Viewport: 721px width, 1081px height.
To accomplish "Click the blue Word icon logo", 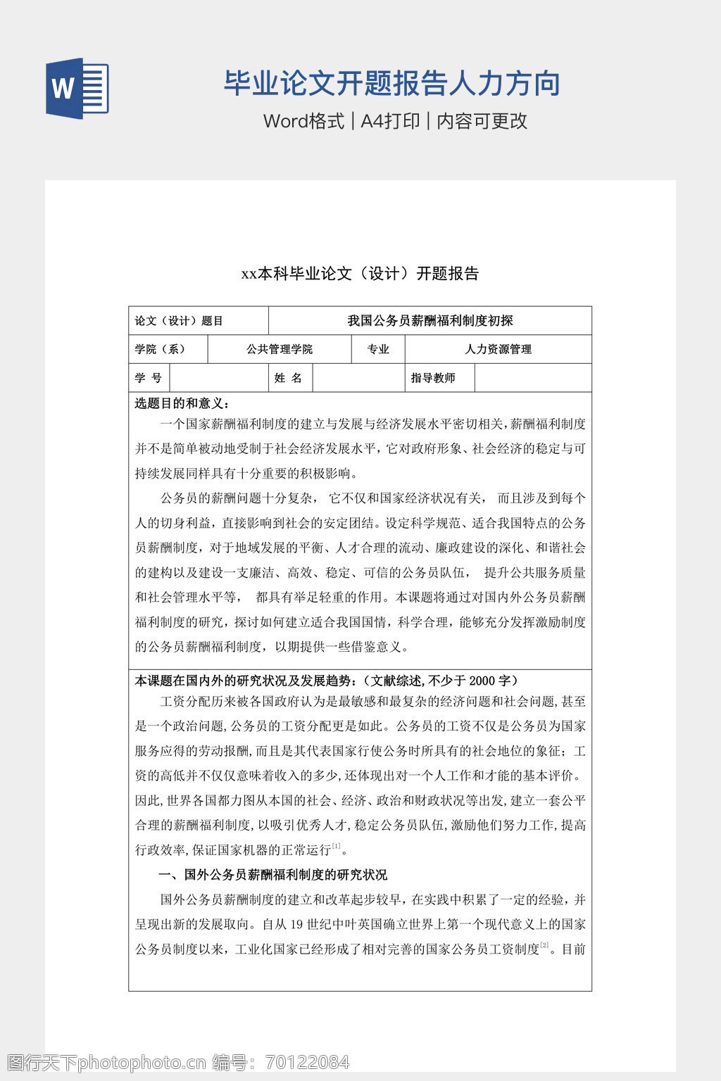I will coord(77,89).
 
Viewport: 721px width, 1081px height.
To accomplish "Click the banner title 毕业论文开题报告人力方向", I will coord(391,84).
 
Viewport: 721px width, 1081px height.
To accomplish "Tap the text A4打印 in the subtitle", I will coord(390,121).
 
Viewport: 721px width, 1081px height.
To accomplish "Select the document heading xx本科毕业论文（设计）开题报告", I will coord(360,274).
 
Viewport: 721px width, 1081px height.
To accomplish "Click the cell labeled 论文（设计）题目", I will coord(179,321).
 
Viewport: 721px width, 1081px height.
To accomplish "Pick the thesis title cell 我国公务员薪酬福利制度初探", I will coord(430,321).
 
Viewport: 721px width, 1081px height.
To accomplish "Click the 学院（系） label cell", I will coord(161,349).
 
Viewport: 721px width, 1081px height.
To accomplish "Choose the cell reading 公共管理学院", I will coord(280,349).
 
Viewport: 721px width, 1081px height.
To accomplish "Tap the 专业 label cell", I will coord(378,349).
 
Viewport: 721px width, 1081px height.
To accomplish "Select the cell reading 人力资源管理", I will coord(498,349).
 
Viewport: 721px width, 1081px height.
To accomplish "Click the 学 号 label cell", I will coord(149,378).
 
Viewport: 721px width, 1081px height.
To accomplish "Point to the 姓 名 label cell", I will coord(288,378).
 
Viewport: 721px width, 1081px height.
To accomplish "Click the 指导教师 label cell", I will coord(433,378).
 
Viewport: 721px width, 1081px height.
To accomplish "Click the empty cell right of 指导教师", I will coord(533,378).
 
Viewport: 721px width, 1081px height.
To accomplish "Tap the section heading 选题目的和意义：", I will coord(182,403).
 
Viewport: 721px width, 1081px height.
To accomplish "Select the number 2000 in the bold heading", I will coord(482,681).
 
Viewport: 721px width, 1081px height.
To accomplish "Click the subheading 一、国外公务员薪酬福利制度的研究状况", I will coord(272,875).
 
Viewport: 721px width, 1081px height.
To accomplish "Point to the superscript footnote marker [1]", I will coord(337,847).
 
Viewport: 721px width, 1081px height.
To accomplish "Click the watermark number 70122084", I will coord(306,1062).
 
